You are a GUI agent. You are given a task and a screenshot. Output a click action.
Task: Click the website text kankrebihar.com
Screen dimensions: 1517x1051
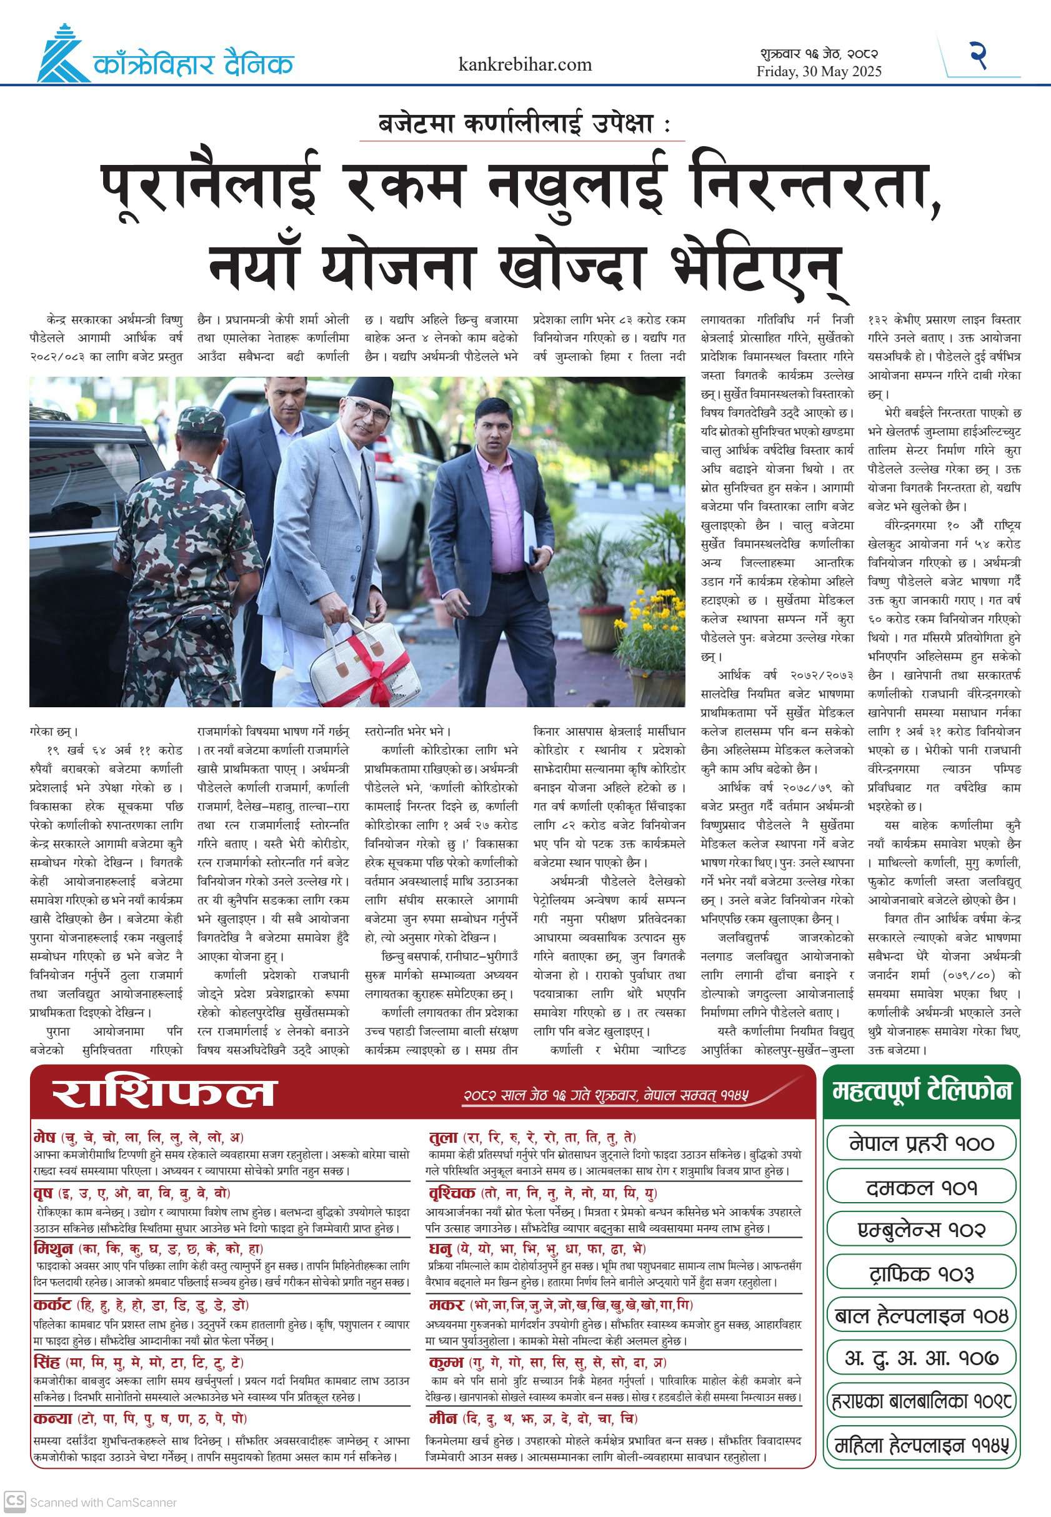click(525, 64)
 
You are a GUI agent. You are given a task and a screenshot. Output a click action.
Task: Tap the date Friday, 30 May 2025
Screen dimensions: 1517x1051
click(819, 72)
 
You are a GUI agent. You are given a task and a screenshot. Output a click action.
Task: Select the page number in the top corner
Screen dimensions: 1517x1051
click(979, 56)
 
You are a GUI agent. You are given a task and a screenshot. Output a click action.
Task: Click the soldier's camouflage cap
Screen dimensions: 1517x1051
click(201, 419)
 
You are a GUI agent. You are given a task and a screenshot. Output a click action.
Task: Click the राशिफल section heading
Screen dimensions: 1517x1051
click(163, 1093)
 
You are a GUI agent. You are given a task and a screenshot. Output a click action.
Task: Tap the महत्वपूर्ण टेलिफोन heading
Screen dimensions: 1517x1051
click(921, 1091)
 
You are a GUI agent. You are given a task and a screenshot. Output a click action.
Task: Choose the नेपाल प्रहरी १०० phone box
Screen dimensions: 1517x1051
click(921, 1143)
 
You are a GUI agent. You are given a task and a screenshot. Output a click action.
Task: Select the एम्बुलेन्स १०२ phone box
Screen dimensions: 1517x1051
click(921, 1229)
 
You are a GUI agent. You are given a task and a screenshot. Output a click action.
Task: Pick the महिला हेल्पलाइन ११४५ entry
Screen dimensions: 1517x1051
click(921, 1446)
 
